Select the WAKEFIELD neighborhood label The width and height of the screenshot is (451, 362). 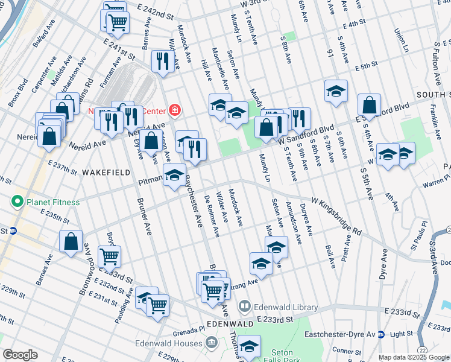[x=106, y=173]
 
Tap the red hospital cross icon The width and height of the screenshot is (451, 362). [x=174, y=110]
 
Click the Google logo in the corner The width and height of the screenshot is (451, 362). [x=20, y=355]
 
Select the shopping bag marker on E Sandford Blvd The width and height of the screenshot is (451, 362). [x=369, y=105]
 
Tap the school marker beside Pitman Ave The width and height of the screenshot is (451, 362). [x=175, y=175]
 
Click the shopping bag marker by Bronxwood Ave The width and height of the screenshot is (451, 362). [x=71, y=241]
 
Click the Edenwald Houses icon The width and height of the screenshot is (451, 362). [x=211, y=343]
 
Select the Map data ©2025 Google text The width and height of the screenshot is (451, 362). [x=413, y=357]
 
